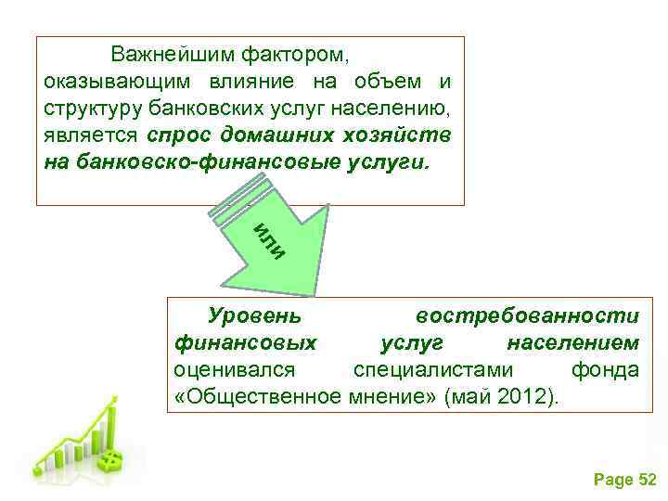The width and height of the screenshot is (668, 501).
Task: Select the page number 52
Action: pyautogui.click(x=648, y=479)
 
